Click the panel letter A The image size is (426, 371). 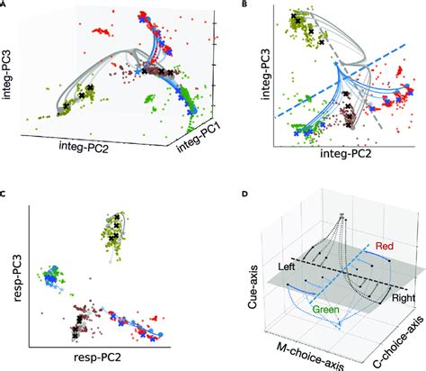pyautogui.click(x=5, y=5)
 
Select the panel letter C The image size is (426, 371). pyautogui.click(x=5, y=194)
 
